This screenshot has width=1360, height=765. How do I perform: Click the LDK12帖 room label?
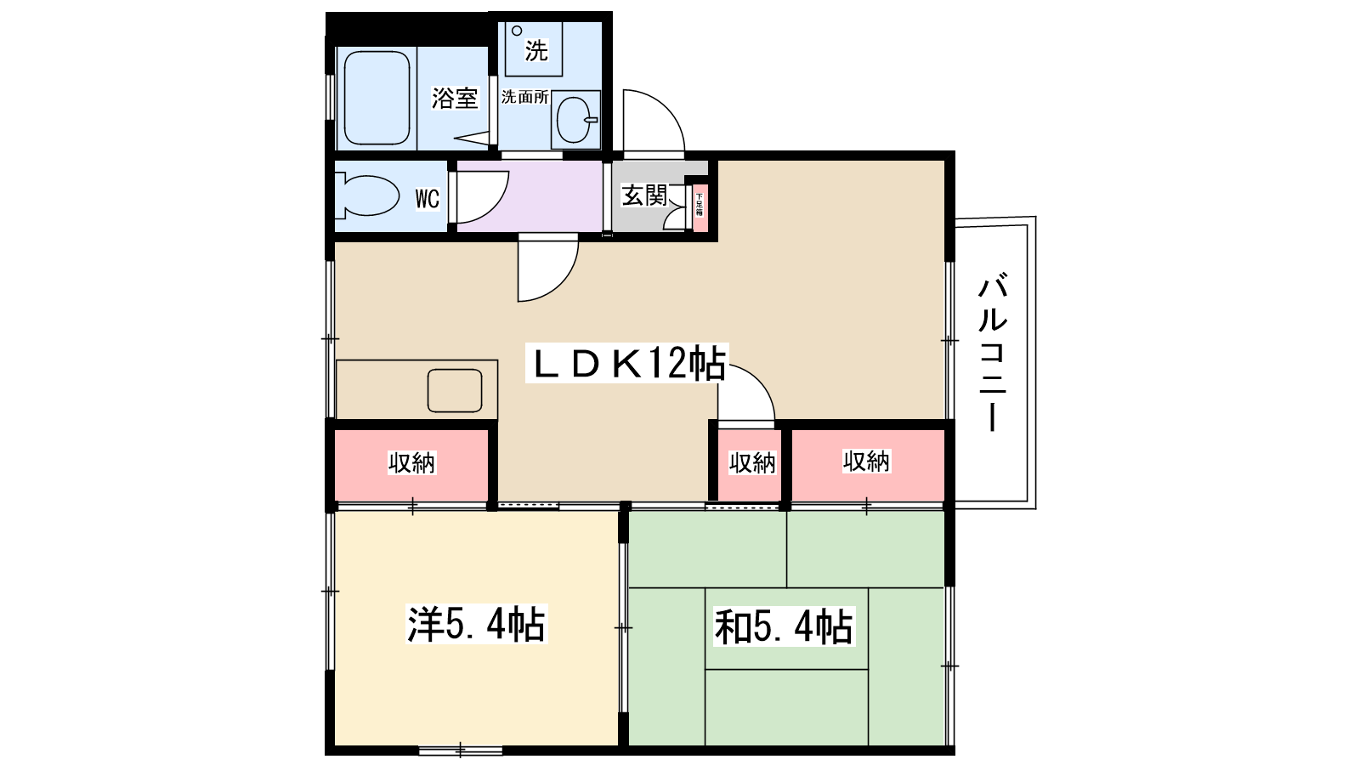point(627,364)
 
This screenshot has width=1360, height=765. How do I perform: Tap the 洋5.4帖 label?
point(476,625)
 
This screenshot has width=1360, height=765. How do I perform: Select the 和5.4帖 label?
point(784,627)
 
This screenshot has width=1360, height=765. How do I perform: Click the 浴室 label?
point(455,98)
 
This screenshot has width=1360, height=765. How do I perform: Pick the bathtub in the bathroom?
point(377,98)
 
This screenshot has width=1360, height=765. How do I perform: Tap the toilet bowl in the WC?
point(367,196)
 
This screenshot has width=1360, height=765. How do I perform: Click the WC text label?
point(427,199)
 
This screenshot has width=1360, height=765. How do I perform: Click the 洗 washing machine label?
point(535,51)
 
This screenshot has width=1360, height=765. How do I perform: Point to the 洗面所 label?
point(524,97)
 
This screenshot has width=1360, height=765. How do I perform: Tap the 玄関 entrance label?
point(644,195)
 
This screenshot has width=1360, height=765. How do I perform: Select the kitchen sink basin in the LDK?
point(455,390)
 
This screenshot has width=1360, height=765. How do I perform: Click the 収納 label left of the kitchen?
point(411,463)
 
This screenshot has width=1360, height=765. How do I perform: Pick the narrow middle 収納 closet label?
point(752,463)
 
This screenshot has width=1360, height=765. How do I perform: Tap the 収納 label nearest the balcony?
point(866,462)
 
